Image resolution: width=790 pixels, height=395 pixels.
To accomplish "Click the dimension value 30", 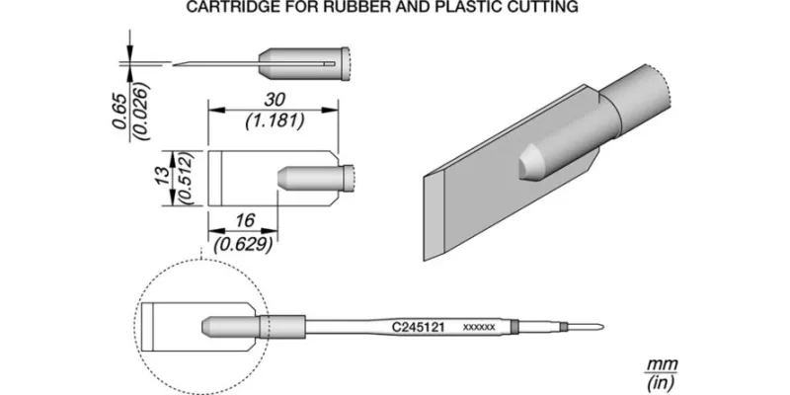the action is click(273, 101).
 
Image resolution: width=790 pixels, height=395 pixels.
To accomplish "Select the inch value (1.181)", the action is click(275, 121).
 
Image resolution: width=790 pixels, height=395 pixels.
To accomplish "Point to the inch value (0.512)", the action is click(184, 179).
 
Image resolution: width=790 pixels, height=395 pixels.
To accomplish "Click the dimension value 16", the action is click(245, 220).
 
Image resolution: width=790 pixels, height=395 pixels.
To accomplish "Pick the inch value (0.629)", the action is click(244, 244).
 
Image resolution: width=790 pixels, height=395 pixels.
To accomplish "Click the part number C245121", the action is click(418, 327).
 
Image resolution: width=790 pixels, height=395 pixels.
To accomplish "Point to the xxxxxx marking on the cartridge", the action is click(479, 328).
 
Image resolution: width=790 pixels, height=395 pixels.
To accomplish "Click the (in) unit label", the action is click(662, 382).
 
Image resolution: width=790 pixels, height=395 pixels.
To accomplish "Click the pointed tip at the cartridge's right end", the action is click(601, 327).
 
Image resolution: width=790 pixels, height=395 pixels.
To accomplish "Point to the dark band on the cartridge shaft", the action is click(513, 327).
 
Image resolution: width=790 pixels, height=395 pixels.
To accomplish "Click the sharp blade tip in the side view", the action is click(175, 64).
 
